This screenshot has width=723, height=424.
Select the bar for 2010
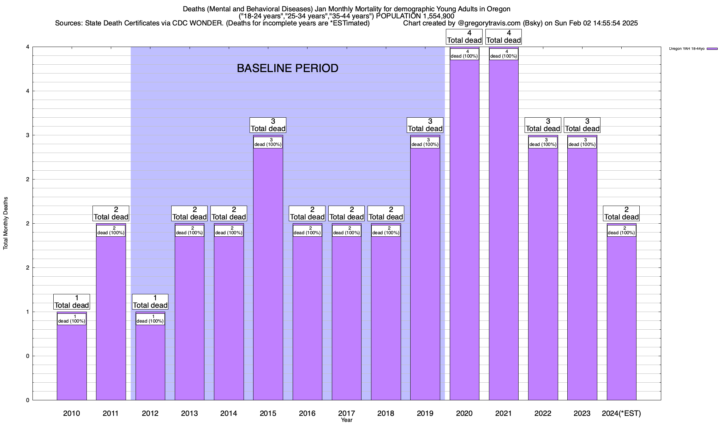72,360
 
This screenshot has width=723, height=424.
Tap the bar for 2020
464,230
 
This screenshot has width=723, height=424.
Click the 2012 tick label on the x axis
150,413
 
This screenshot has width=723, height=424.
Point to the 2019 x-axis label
425,413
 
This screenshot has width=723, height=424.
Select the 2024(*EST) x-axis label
621,413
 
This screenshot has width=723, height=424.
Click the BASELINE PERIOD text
287,68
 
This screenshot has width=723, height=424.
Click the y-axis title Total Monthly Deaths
6,223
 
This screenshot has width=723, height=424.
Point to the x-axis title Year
347,420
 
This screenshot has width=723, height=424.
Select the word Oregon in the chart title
498,9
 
